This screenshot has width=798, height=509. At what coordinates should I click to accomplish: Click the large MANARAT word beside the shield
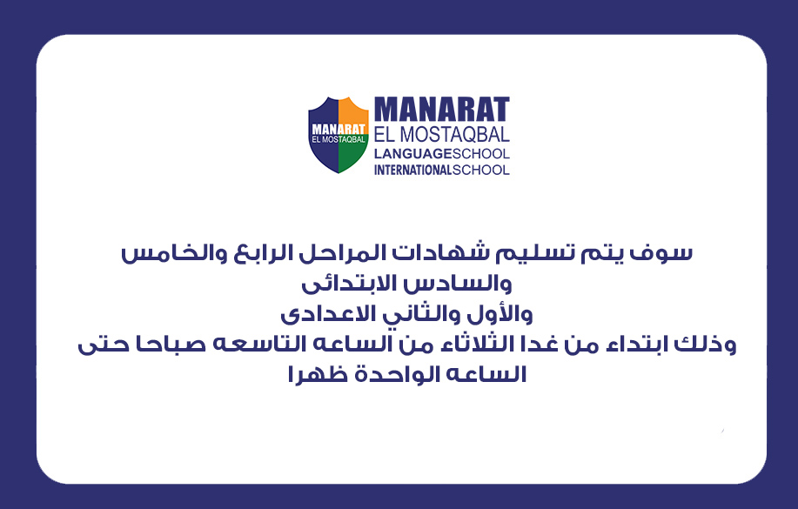pyautogui.click(x=442, y=109)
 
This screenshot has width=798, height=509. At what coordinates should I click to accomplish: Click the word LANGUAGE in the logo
pyautogui.click(x=412, y=154)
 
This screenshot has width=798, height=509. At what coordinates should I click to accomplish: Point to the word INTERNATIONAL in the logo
pyautogui.click(x=412, y=170)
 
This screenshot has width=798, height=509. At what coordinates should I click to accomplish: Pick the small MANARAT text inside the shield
pyautogui.click(x=339, y=130)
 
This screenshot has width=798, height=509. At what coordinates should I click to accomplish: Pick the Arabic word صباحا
pyautogui.click(x=165, y=345)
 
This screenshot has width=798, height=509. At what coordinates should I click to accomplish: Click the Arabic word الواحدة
pyautogui.click(x=389, y=375)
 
